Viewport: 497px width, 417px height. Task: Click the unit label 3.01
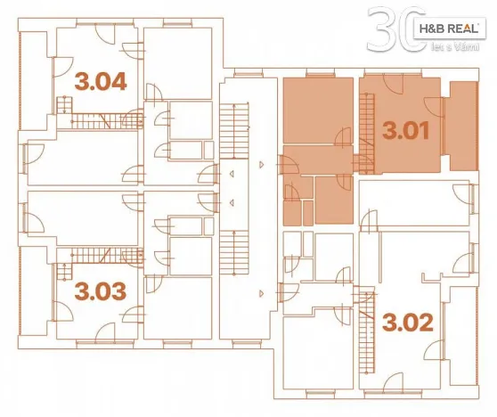[x=406, y=131]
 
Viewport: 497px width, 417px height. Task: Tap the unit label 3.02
[x=407, y=320]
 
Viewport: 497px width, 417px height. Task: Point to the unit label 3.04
[x=99, y=83]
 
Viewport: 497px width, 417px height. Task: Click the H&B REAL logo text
[x=449, y=29]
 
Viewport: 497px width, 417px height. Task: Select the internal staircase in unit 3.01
[x=365, y=125]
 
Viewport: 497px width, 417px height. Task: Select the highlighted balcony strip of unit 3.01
[x=462, y=125]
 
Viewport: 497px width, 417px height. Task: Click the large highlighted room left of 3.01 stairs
[x=318, y=111]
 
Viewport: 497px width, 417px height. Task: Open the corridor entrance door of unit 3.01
[x=289, y=167]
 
